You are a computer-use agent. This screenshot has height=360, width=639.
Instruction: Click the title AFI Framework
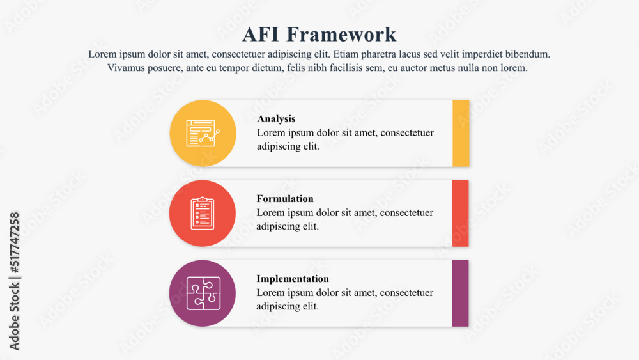(319, 34)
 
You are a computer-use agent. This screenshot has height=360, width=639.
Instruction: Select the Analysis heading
(276, 119)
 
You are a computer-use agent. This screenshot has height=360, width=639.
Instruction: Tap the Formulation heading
(285, 199)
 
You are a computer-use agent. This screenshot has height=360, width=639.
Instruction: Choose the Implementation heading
(293, 279)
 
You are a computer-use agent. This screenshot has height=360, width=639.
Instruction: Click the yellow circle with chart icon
(203, 133)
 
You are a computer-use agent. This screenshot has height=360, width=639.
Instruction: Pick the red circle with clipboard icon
(203, 213)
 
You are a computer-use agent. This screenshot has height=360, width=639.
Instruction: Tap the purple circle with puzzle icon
(203, 293)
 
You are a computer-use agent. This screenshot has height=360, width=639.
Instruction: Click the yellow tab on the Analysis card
(461, 133)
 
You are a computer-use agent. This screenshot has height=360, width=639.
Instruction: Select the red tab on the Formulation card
(460, 213)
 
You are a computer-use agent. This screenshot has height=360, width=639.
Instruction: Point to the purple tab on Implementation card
(460, 293)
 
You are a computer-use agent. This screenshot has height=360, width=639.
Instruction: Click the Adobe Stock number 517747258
(15, 244)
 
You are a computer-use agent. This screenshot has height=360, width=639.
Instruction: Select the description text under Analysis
(345, 139)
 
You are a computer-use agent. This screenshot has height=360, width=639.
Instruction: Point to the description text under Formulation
(345, 219)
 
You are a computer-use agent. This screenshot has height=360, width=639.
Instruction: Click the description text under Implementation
(345, 299)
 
